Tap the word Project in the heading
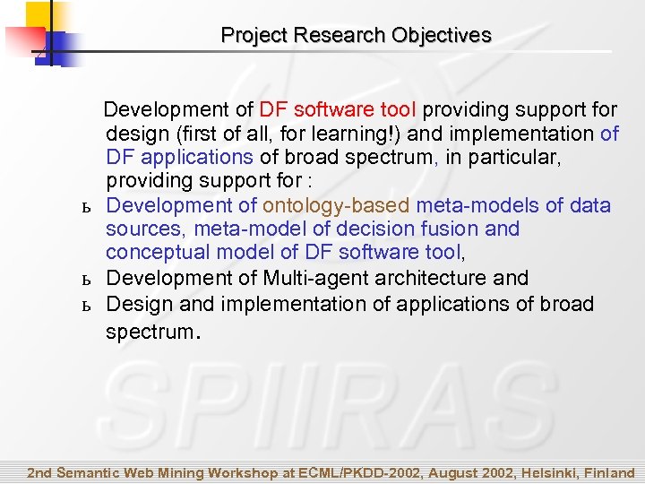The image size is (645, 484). click(251, 36)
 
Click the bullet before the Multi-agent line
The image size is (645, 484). click(87, 280)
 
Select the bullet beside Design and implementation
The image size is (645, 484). click(87, 305)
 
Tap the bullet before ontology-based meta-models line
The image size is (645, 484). click(87, 207)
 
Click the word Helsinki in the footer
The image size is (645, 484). click(539, 472)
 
